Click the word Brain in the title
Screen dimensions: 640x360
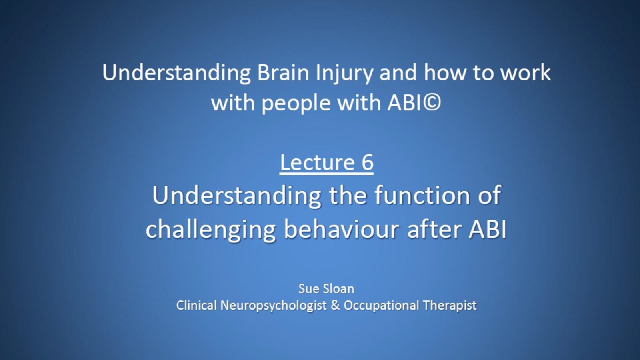[x=283, y=72]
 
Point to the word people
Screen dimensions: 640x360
[x=296, y=104]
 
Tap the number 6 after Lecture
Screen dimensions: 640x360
[x=368, y=162]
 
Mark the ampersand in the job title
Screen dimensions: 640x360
[x=335, y=305]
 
